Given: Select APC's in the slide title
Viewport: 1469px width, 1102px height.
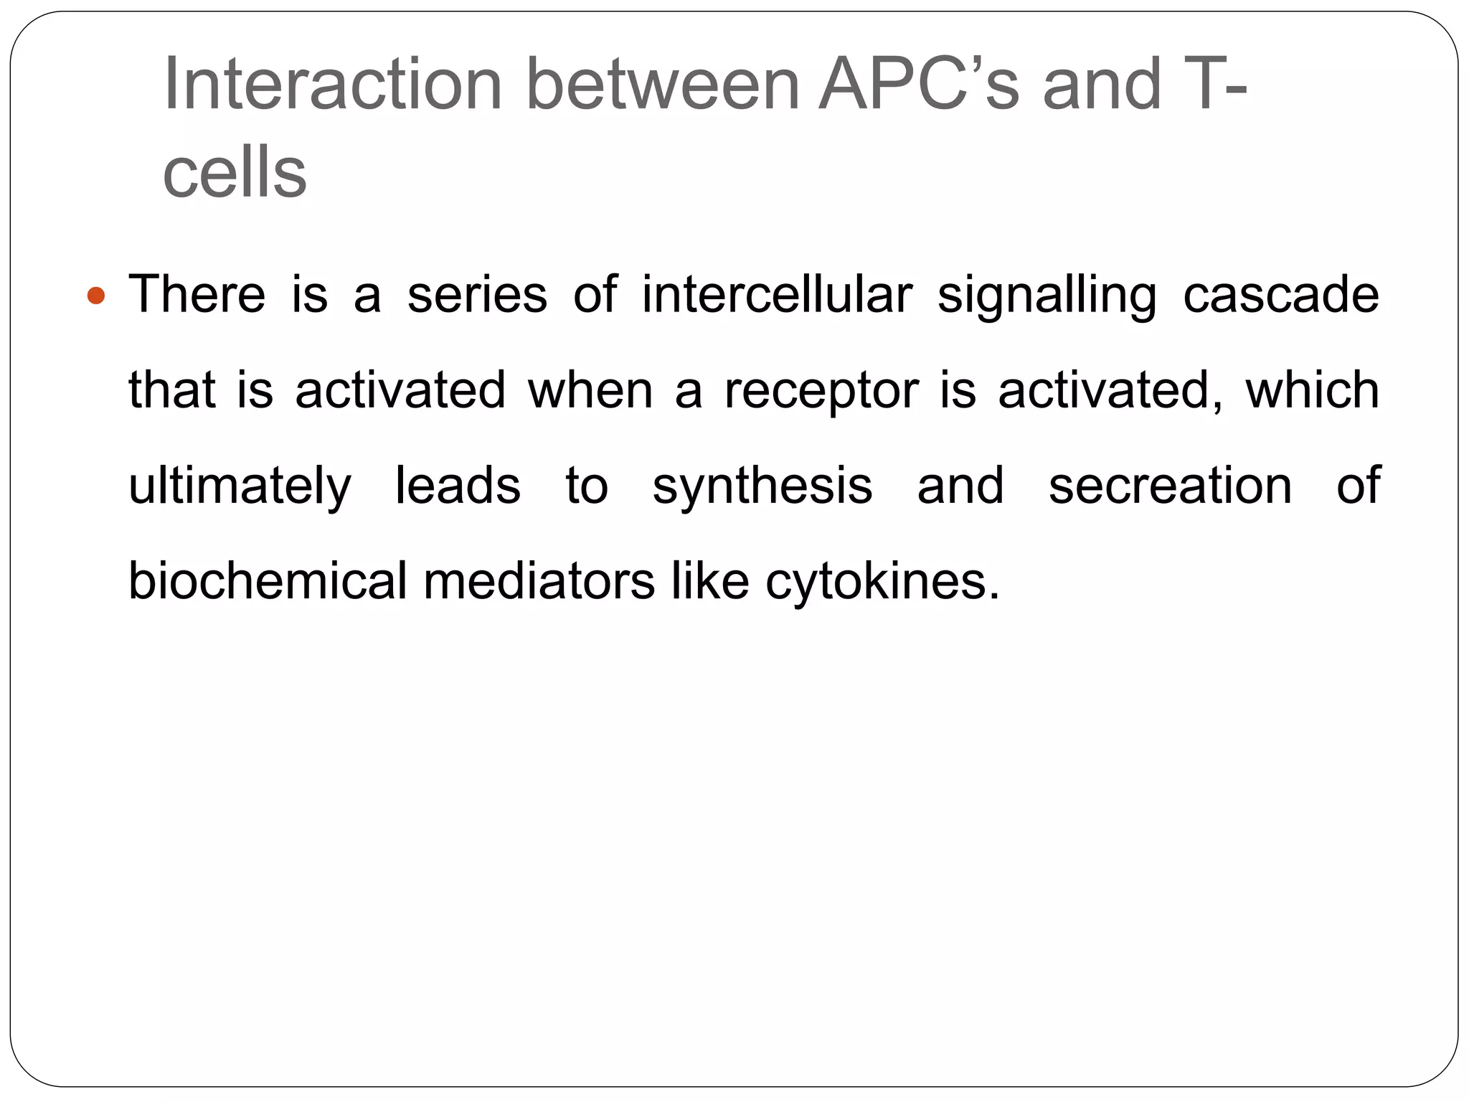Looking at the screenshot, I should coord(918,85).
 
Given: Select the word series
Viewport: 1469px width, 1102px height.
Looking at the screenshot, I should coord(477,295).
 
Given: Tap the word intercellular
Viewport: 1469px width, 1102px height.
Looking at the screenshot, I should coord(777,295).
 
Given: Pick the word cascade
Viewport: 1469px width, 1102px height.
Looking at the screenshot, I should coord(1280,295).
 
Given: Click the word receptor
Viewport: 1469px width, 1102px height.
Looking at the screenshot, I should coord(821,392).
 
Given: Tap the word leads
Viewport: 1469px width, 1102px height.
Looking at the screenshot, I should coord(458,486).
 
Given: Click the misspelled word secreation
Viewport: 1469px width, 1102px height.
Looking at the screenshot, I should coord(1170,486).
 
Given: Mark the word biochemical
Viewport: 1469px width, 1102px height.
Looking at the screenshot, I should coord(268,580).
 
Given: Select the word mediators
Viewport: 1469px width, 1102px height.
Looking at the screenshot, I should coord(539,580).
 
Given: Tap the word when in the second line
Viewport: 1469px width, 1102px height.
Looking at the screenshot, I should coord(590,390).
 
